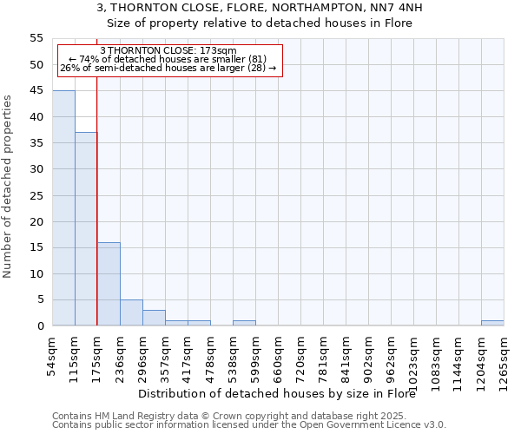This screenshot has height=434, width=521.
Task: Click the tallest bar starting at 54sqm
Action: pyautogui.click(x=63, y=208)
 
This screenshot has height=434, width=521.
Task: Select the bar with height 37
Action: pyautogui.click(x=86, y=229)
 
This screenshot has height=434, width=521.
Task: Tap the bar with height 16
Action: pyautogui.click(x=109, y=284)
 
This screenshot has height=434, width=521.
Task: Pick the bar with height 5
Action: pyautogui.click(x=131, y=312)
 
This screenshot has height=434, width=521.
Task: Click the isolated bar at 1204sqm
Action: pyautogui.click(x=492, y=323)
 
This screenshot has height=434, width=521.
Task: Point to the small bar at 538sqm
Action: pyautogui.click(x=244, y=323)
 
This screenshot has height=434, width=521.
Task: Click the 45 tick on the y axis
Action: pyautogui.click(x=36, y=90)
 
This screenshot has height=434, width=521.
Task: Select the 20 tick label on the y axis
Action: pyautogui.click(x=36, y=221)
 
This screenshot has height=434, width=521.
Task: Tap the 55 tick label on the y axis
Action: pyautogui.click(x=36, y=38)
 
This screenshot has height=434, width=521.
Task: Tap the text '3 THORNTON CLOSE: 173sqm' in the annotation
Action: pyautogui.click(x=168, y=51)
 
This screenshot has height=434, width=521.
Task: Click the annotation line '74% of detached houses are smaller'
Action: pyautogui.click(x=168, y=59)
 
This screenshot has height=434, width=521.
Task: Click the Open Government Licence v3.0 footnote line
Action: pyautogui.click(x=249, y=424)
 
